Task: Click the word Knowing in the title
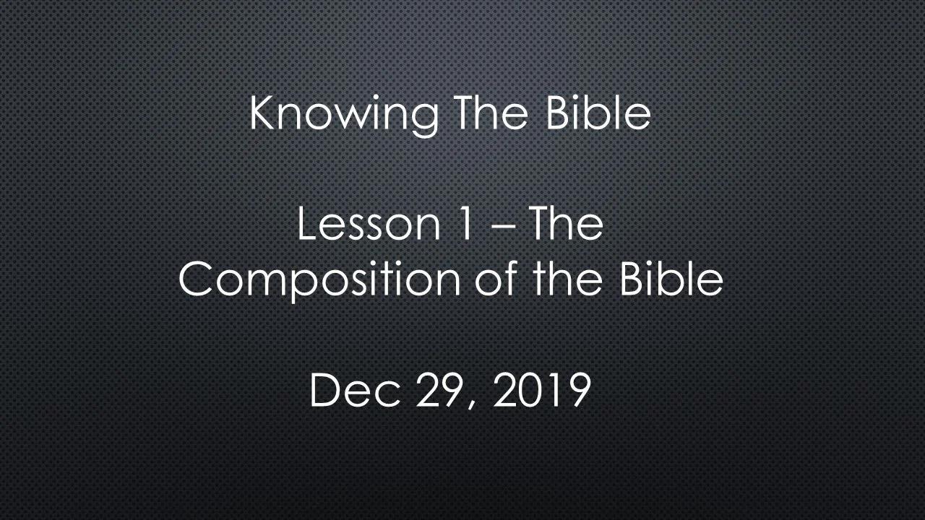[x=344, y=116]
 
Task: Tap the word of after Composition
[x=496, y=278]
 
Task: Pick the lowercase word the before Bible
[x=568, y=278]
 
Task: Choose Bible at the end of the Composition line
[x=671, y=278]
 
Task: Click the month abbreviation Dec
[x=355, y=390]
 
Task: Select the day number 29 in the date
[x=439, y=390]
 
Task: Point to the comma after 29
[x=472, y=405]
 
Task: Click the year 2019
[x=542, y=390]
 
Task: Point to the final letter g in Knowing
[x=424, y=121]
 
